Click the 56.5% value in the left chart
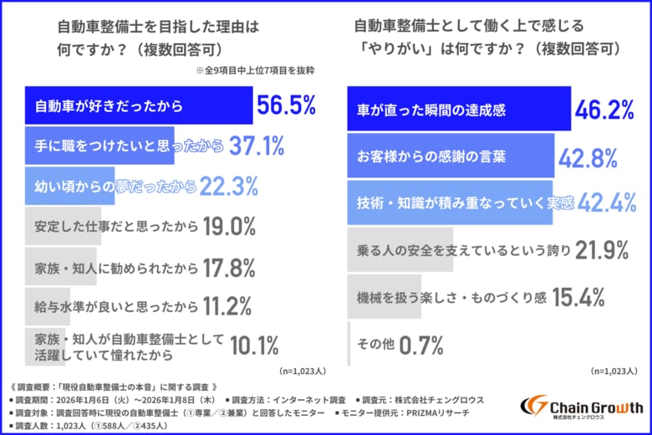pyautogui.click(x=287, y=105)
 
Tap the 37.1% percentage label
pyautogui.click(x=256, y=147)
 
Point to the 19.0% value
pyautogui.click(x=227, y=227)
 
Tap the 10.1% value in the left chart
pyautogui.click(x=254, y=345)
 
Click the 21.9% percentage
pyautogui.click(x=599, y=249)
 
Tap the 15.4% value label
pyautogui.click(x=578, y=296)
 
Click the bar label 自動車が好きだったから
pyautogui.click(x=109, y=106)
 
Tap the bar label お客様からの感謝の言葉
pyautogui.click(x=423, y=156)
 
